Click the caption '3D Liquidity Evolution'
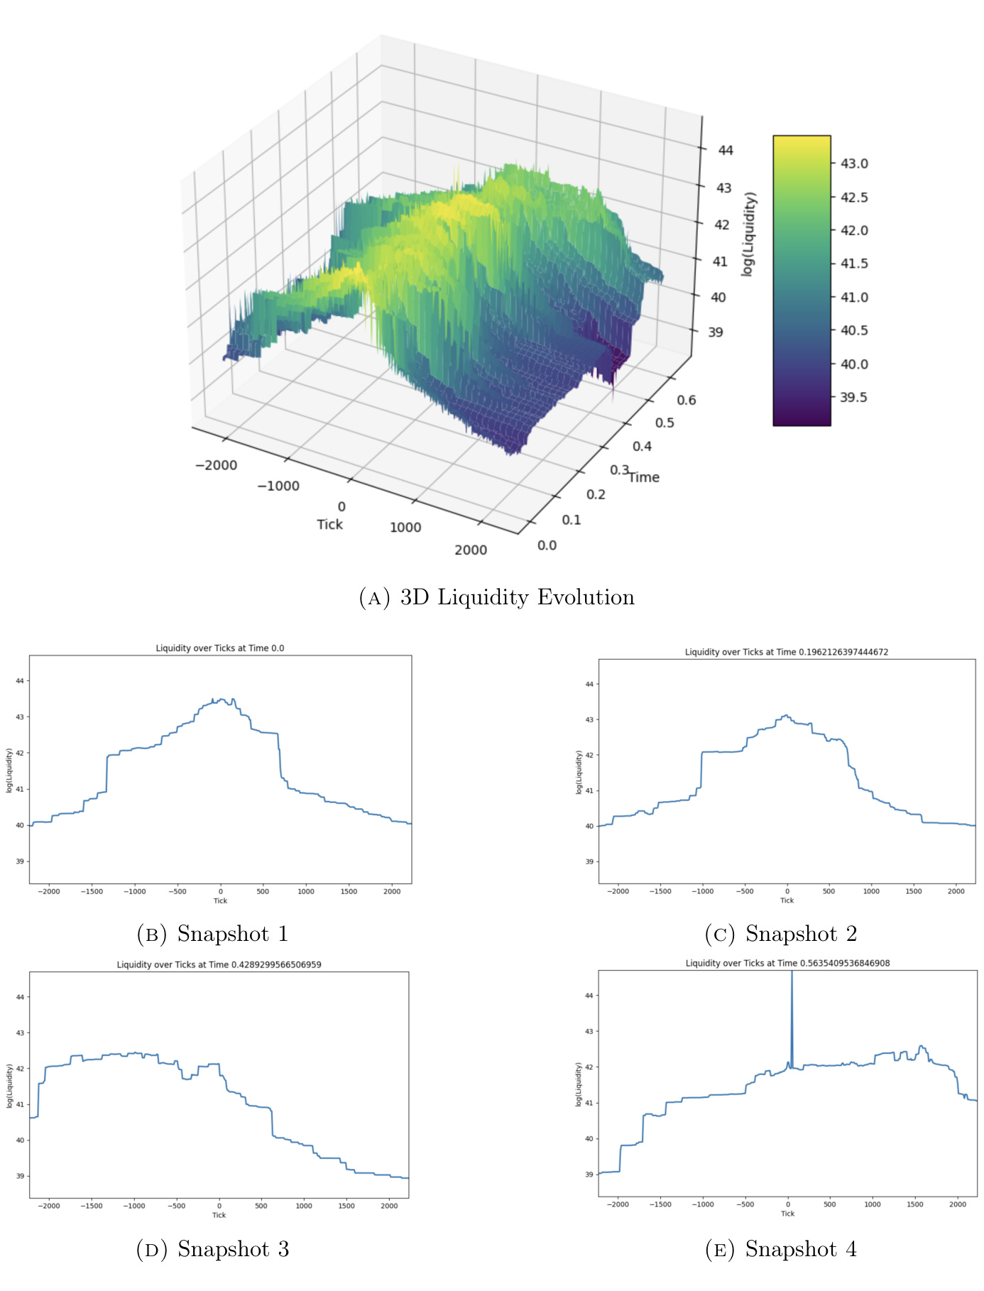pos(516,597)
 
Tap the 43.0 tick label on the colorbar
pos(853,163)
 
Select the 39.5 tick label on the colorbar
pos(853,397)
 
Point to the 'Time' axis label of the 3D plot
pos(644,477)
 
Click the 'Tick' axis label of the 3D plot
pos(329,524)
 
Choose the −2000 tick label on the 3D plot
pos(216,465)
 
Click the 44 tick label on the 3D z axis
pos(725,150)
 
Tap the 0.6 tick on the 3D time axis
pos(686,400)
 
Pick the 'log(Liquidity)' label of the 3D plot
pos(748,234)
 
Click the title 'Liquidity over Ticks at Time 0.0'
pos(220,648)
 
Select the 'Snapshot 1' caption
pos(232,933)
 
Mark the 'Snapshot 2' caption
pos(801,933)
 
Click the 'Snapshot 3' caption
pos(232,1248)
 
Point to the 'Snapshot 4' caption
pos(801,1248)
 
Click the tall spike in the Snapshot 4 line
pos(792,1008)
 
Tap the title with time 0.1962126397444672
pos(787,651)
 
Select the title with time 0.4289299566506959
pos(219,964)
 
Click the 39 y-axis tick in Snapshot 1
pos(20,861)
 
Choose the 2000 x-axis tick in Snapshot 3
pos(389,1206)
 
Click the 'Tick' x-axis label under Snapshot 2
pos(787,900)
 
